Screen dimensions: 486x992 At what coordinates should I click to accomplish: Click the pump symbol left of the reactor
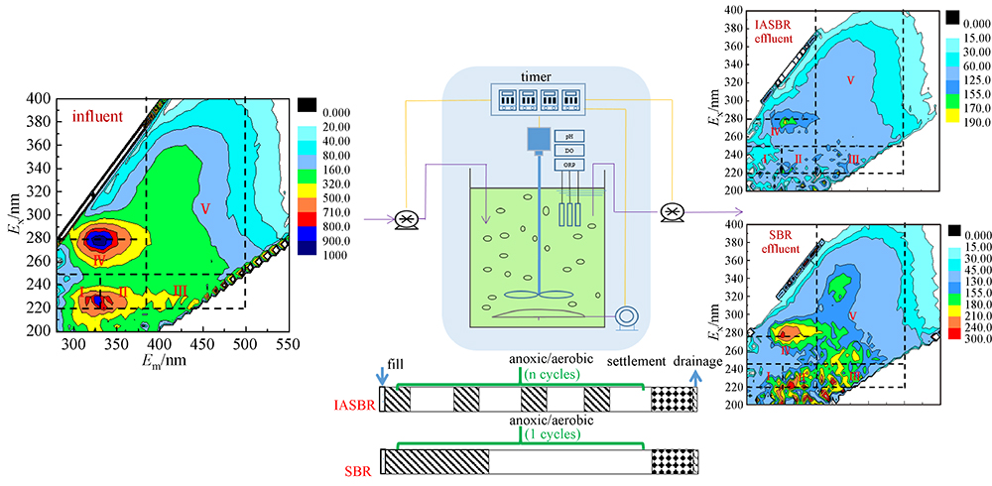tap(405, 218)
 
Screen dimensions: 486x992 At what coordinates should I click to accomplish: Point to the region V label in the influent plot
tap(204, 208)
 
